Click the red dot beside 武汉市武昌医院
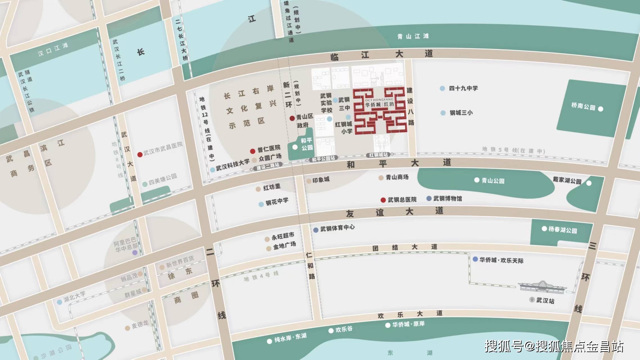[x=140, y=155]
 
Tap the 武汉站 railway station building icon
[x=542, y=287]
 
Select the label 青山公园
[x=493, y=181]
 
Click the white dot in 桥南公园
[x=601, y=109]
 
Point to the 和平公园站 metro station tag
[x=323, y=159]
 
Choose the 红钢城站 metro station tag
[x=378, y=155]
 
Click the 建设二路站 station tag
[x=268, y=167]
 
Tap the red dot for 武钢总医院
[x=383, y=200]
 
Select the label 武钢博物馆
[x=447, y=199]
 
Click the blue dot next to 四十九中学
[x=442, y=89]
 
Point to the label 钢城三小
[x=461, y=113]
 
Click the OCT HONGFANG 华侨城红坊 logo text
[x=379, y=103]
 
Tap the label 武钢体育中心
[x=337, y=228]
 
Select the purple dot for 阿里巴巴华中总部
[x=135, y=253]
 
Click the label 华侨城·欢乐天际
[x=501, y=260]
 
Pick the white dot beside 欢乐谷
[x=331, y=331]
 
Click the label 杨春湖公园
[x=562, y=230]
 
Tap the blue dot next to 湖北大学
[x=60, y=302]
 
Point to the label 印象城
[x=321, y=180]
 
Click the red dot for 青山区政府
[x=292, y=118]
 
